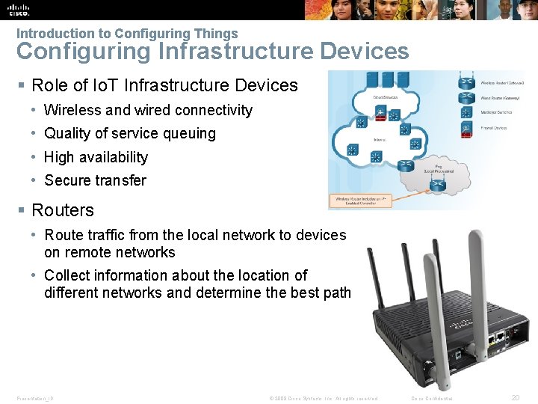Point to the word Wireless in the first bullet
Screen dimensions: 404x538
point(72,110)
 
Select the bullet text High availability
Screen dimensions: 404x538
point(96,157)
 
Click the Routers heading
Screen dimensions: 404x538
point(63,210)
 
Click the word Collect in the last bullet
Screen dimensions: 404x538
point(69,275)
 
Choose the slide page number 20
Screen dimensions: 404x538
point(515,398)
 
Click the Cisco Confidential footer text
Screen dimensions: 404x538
point(432,399)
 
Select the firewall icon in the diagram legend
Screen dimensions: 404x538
point(466,129)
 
